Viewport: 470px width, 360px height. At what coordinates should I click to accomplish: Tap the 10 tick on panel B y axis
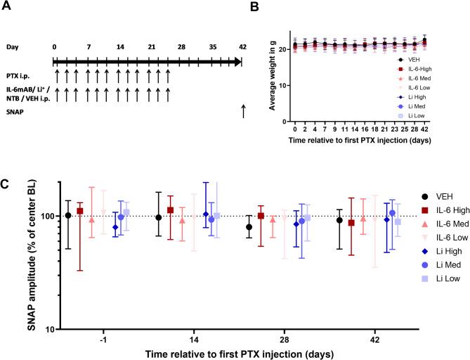283,85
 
